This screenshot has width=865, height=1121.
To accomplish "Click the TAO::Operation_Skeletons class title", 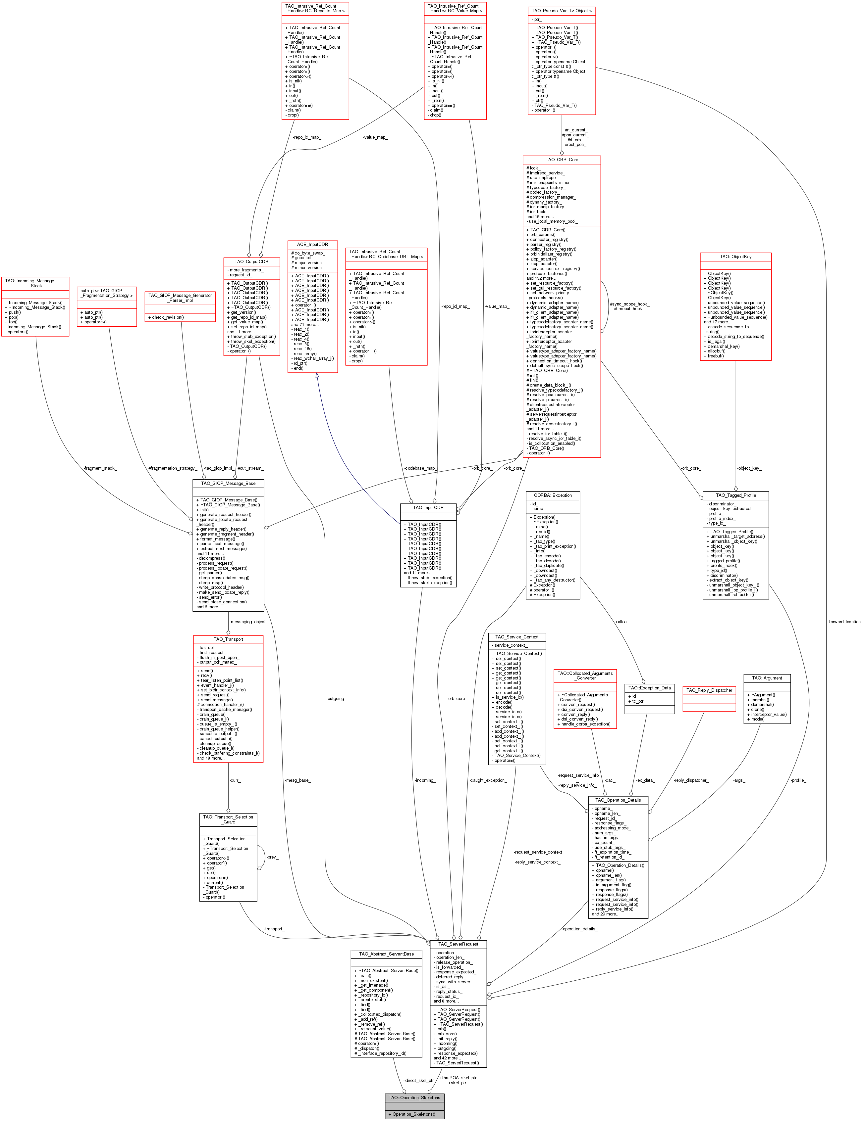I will pos(414,1098).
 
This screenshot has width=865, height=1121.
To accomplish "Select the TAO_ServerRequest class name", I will pos(458,944).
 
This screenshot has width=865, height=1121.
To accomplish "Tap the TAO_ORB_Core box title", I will pos(562,160).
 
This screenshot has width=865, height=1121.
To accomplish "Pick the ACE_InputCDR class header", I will pos(312,244).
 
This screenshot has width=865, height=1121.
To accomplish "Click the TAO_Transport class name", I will pos(228,639).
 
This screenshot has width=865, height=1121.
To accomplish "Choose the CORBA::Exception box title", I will pos(553,495).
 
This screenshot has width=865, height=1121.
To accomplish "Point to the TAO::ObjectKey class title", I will pos(735,257).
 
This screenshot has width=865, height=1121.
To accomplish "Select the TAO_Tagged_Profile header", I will pos(735,495).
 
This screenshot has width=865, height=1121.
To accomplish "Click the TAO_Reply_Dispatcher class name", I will pos(709,690).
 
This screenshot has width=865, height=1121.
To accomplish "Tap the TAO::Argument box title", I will pos(767,678).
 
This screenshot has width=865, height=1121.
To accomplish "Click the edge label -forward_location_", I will pos(845,622).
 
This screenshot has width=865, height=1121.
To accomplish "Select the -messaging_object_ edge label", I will pos(248,622).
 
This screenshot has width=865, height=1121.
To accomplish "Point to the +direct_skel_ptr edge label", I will pos(418,1080).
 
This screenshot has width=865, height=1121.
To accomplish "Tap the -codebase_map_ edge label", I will pos(420,468).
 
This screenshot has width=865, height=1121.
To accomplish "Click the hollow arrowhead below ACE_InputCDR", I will pos(317,376).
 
